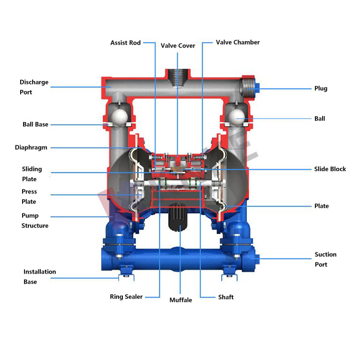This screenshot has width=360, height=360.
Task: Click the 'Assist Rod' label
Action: [125, 43]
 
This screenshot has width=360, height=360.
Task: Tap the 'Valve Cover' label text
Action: [178, 46]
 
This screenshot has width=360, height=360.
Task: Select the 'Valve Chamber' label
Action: [238, 42]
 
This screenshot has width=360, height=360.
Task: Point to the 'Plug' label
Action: [321, 88]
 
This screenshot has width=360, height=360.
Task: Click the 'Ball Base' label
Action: [36, 124]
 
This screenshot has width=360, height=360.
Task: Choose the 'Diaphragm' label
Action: [31, 147]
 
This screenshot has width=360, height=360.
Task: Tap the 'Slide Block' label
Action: [330, 169]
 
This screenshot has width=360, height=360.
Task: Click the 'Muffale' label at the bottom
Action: [180, 300]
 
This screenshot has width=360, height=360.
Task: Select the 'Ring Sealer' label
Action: [126, 297]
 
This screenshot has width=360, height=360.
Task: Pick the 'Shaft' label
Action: [226, 297]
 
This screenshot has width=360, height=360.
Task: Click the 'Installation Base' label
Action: [39, 276]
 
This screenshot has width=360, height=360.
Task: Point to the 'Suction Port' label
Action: [325, 259]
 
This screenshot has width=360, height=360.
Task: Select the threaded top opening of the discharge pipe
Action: [178, 77]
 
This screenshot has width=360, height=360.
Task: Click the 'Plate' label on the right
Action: [322, 206]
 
